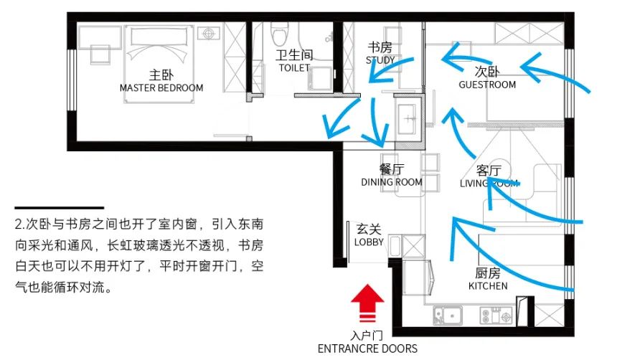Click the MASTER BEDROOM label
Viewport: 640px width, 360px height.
(x=161, y=87)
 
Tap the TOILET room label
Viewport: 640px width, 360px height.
(x=294, y=68)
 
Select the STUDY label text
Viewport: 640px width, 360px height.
(x=380, y=60)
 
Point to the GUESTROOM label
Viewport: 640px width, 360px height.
(x=487, y=85)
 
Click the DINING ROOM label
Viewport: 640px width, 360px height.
(x=391, y=182)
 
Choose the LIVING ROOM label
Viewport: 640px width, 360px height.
(x=489, y=184)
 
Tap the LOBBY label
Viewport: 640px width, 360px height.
(x=369, y=242)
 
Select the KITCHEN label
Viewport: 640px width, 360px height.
(x=488, y=286)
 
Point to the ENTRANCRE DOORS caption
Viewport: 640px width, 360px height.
(x=368, y=349)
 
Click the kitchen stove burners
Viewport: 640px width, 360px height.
(x=496, y=314)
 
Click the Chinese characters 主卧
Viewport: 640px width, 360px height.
(x=161, y=75)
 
